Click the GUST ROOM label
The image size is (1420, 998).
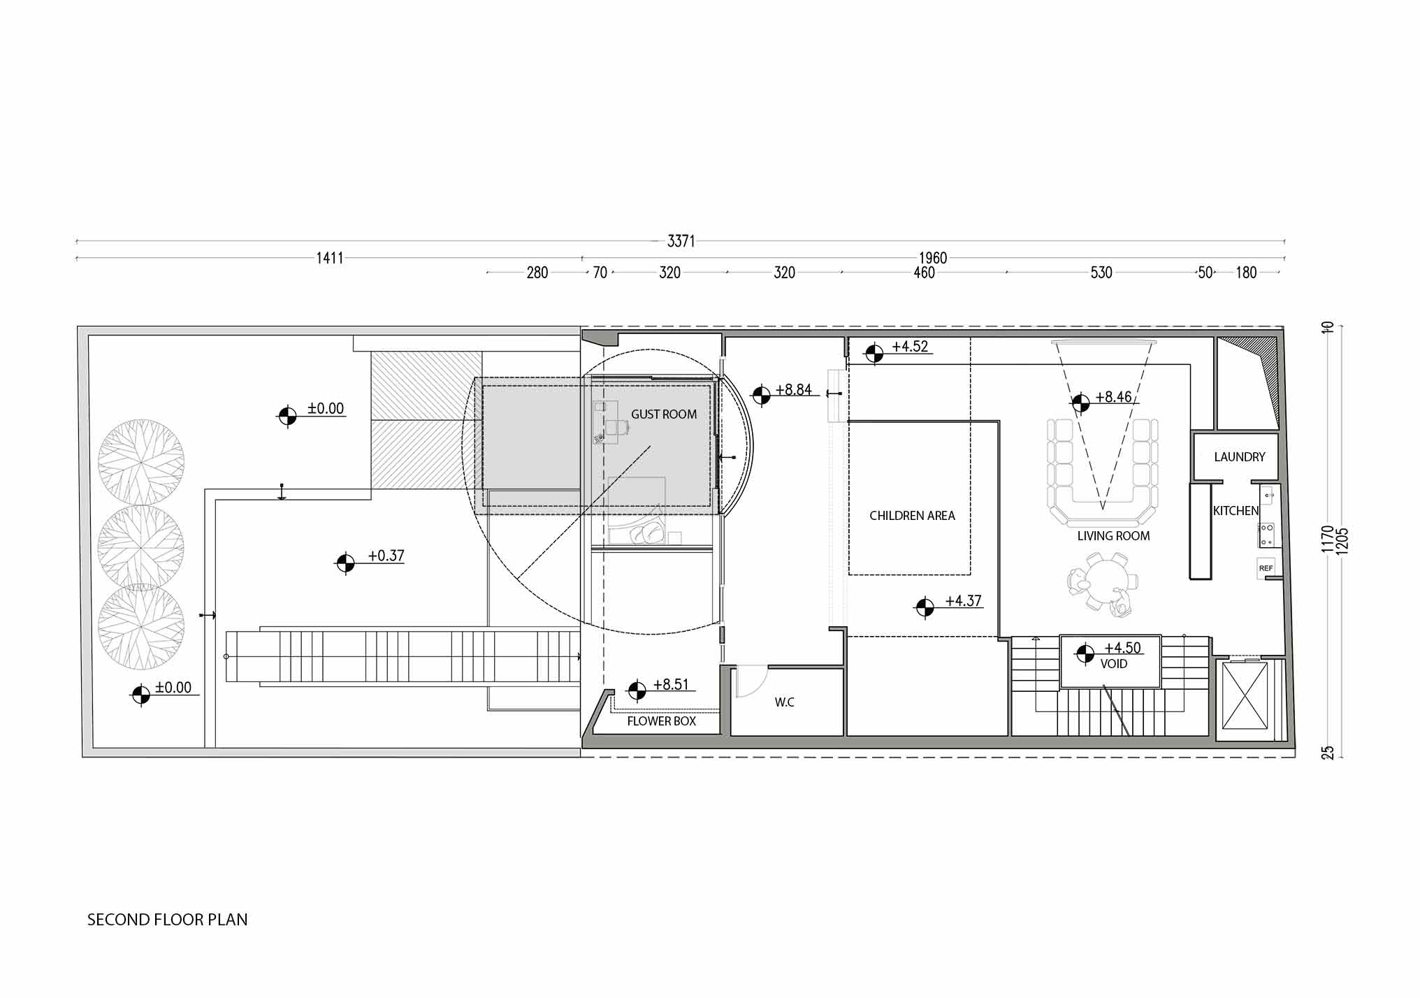663,414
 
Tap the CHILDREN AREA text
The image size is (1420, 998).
912,516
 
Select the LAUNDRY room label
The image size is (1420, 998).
1239,457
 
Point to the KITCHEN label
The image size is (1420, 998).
1236,511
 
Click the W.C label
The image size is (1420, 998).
784,702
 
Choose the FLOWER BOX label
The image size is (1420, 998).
661,721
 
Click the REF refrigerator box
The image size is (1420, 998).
1266,568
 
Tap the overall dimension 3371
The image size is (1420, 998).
681,241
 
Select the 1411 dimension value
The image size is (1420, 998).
330,258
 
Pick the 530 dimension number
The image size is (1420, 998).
1101,273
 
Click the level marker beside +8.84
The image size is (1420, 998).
761,396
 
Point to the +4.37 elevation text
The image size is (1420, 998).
963,601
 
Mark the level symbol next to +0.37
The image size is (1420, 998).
345,563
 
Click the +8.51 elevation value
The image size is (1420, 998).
671,685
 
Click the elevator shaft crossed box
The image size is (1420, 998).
1244,695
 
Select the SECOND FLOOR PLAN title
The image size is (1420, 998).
167,920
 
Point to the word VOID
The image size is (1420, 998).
1113,664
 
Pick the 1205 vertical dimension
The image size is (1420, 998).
1342,542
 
